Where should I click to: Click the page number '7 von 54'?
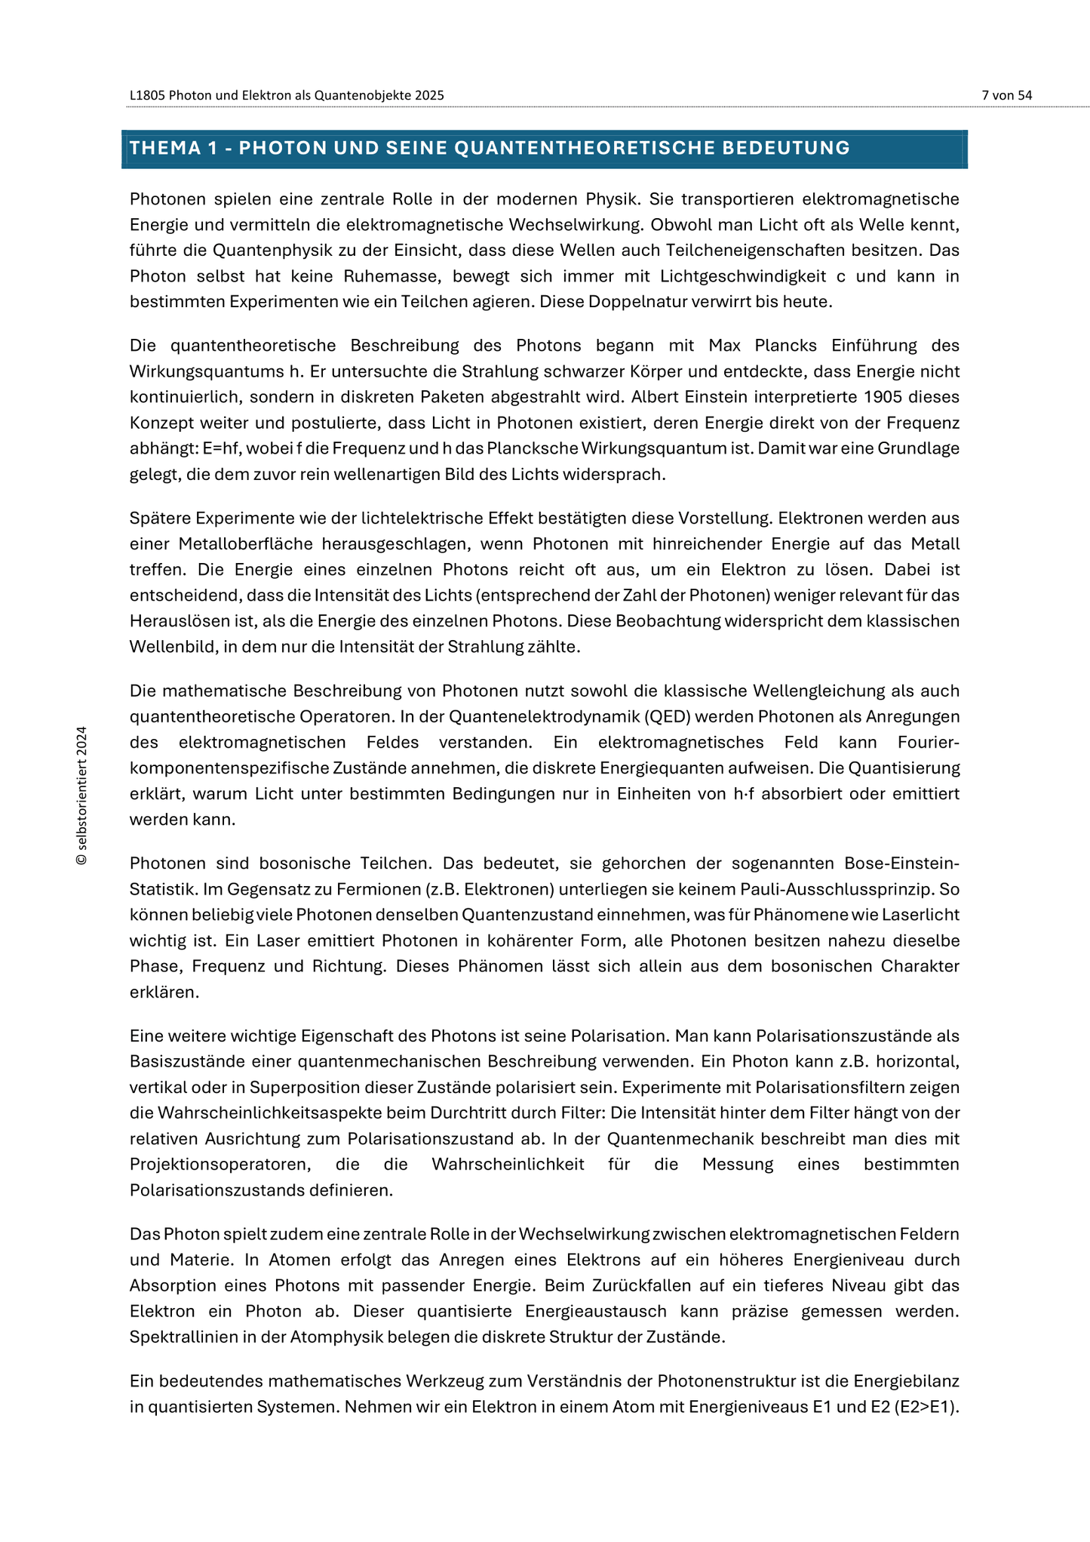[1006, 95]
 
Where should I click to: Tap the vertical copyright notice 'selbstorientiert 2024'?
[82, 796]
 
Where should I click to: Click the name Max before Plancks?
[724, 346]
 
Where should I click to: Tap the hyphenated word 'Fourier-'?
[929, 742]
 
